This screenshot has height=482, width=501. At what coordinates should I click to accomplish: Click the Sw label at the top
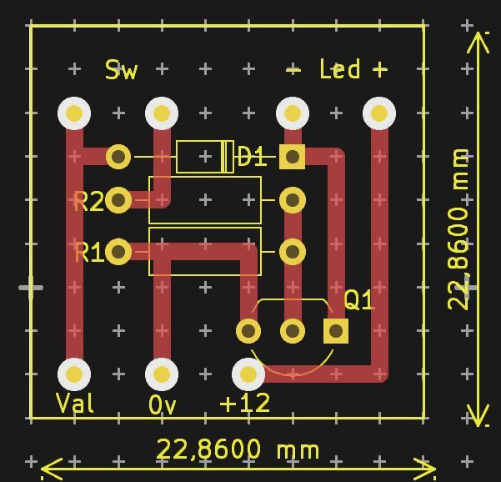pos(121,70)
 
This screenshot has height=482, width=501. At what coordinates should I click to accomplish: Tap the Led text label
pos(339,69)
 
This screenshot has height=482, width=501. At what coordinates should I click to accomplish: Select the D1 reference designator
pos(252,157)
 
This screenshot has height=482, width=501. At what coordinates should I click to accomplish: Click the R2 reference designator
pos(88,201)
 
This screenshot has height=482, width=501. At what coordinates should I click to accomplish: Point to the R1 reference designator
pos(88,252)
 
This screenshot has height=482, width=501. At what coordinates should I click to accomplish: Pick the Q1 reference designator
pos(358,300)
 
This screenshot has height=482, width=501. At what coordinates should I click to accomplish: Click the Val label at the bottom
pos(75,404)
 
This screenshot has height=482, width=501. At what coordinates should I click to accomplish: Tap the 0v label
pos(162,405)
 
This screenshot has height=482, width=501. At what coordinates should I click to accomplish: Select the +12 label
pos(245,404)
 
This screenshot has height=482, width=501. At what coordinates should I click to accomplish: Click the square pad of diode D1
pos(292,156)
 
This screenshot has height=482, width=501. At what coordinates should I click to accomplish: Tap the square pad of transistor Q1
pos(336,331)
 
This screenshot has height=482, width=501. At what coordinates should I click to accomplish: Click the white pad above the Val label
pos(74,374)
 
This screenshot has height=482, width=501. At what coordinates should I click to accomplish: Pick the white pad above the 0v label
pos(162,374)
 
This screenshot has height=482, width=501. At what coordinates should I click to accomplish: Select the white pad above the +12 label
pos(248,374)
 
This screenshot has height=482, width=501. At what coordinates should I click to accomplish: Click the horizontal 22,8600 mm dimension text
pos(238,450)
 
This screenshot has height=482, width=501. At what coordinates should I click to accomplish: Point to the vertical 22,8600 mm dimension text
pos(459,229)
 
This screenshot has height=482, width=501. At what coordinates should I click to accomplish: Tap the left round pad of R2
pos(118,200)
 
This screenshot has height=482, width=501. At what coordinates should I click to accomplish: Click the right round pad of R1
pos(292,251)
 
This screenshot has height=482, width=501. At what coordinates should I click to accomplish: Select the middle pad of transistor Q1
pos(292,331)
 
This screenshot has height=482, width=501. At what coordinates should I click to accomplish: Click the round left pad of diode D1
pos(118,156)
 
